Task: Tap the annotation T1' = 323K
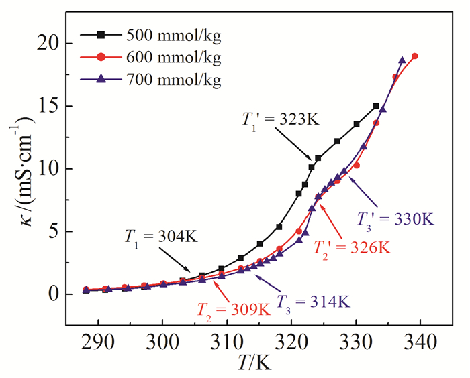pyautogui.click(x=274, y=119)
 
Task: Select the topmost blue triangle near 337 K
pyautogui.click(x=402, y=60)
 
